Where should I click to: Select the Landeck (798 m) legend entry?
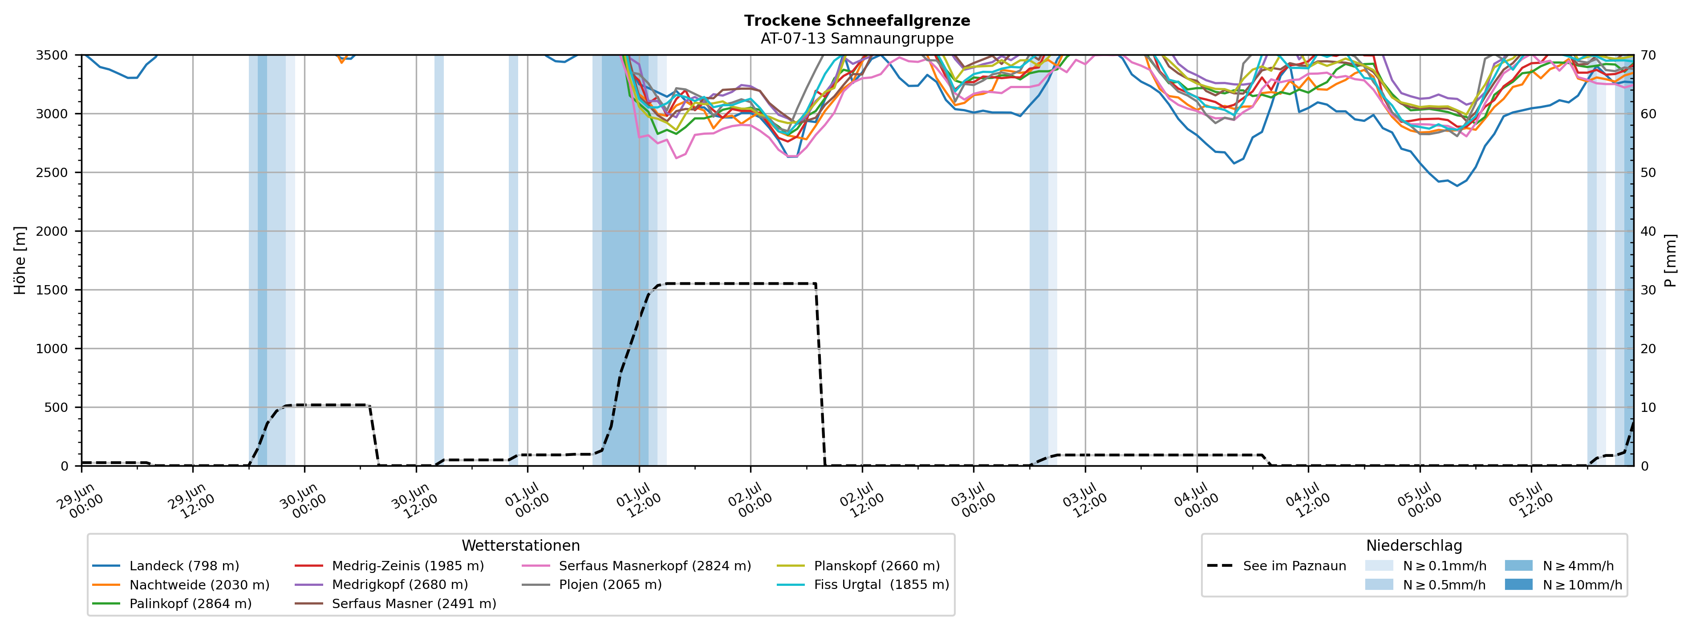coord(166,566)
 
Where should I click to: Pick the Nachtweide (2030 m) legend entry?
coord(181,585)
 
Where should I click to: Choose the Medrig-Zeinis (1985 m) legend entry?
coord(389,566)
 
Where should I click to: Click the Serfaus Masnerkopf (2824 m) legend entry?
coord(636,566)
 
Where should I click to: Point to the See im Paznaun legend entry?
coord(1276,566)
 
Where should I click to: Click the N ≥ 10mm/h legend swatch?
coord(1518,585)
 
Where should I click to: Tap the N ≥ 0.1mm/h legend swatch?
coord(1379,565)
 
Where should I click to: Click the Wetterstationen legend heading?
coord(521,546)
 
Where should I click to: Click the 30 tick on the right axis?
coord(1649,290)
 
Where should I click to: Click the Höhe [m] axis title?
coord(20,260)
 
